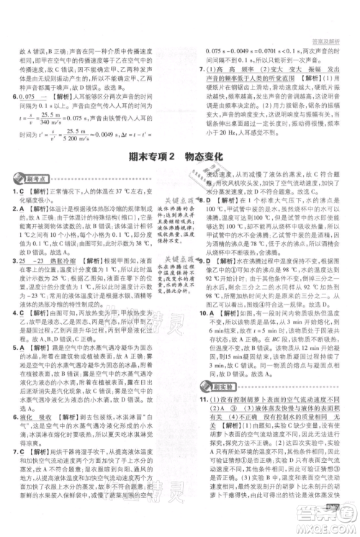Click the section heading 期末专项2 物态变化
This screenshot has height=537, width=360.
click(180, 155)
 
